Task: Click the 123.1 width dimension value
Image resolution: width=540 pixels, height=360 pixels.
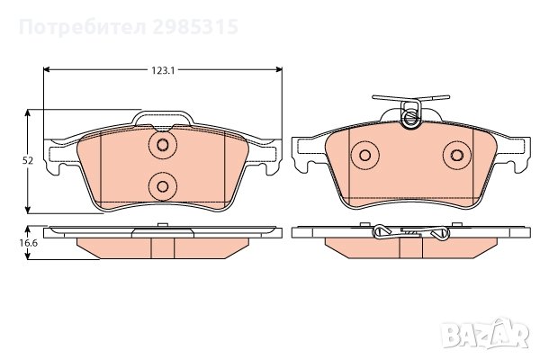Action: click(162, 69)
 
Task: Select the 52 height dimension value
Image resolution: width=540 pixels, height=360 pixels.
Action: click(28, 160)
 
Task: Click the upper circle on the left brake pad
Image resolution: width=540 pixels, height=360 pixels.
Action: click(163, 146)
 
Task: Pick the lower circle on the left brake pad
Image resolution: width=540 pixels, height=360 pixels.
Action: click(163, 186)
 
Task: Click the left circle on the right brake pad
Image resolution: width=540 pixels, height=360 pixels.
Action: click(364, 156)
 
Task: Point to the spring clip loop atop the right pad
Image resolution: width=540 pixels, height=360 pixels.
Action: click(410, 115)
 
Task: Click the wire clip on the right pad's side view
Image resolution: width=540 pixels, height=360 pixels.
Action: click(410, 233)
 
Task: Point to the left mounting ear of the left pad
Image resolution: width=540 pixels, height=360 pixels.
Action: click(57, 165)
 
